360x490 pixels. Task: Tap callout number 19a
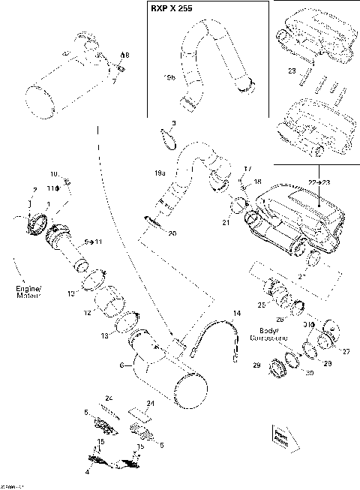coord(159,173)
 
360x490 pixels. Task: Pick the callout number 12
coord(87,312)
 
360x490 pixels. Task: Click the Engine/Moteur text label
coord(25,290)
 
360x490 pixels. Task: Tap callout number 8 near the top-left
coord(125,56)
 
